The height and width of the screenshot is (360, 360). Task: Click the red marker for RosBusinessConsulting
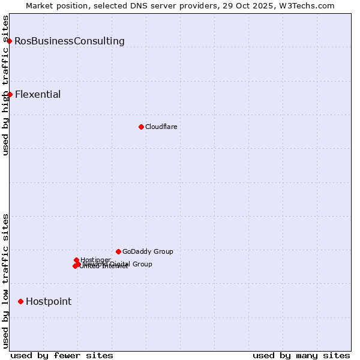click(10, 41)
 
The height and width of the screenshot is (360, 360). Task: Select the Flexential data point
click(10, 94)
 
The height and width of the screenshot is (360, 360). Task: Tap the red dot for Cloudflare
click(141, 127)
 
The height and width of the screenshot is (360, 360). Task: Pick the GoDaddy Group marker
click(118, 251)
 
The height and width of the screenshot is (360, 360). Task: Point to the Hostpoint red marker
click(20, 301)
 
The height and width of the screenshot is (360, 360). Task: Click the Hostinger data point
click(76, 260)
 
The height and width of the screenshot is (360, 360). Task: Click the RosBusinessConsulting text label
click(70, 41)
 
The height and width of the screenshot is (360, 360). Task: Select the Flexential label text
click(38, 95)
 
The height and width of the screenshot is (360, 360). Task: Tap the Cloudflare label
click(161, 127)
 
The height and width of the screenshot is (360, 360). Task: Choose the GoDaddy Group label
click(148, 251)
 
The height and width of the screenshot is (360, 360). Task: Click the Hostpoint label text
click(49, 302)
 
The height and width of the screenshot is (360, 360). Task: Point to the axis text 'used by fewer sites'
click(62, 355)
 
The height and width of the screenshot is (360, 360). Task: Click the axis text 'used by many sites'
click(301, 355)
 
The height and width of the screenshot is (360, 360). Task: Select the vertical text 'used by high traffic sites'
click(5, 85)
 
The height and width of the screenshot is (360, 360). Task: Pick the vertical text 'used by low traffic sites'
click(5, 281)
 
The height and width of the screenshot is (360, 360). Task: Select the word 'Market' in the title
click(40, 5)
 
